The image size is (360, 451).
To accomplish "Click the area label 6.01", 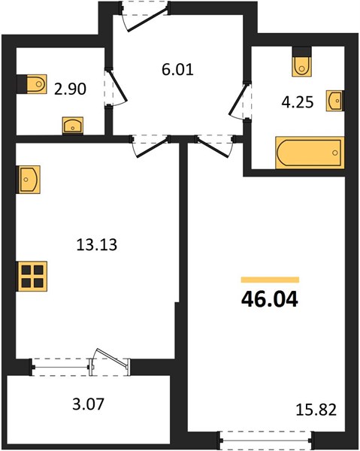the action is coord(177,69).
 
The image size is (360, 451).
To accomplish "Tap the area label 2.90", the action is coord(70,89).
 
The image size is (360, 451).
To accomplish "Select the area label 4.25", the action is coord(298,102).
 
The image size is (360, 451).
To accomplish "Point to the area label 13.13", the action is coord(97,245).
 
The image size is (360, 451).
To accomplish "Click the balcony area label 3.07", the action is coord(88,404).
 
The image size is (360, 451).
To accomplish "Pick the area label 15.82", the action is coord(316,410).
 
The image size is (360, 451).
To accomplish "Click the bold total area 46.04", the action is coord(269,299).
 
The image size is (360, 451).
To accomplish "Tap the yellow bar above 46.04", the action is coord(270,280).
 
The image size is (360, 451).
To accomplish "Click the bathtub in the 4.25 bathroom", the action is coord(310,153).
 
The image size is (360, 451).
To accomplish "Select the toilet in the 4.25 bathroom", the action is coord(301,66).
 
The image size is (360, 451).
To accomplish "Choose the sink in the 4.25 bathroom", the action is coord(334,101).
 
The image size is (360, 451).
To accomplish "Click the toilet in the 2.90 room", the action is coord(36,84).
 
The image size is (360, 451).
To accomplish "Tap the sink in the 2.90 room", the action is coord(73,126).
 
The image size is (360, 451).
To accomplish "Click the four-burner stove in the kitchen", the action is coord(32,276).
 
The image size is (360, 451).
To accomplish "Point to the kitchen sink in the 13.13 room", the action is coord(28,180).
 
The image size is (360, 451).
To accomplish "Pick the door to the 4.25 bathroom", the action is coord(241,101).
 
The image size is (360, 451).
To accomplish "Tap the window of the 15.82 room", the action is coord(265,440).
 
